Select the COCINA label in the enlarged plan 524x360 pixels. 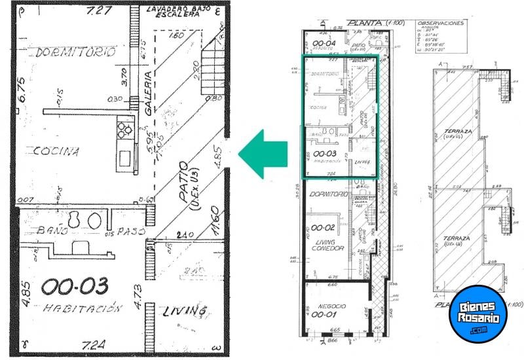point(56,151)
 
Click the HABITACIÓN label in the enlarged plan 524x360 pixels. point(83,308)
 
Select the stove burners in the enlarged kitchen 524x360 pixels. point(123,132)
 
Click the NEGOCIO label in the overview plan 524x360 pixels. point(327,306)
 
